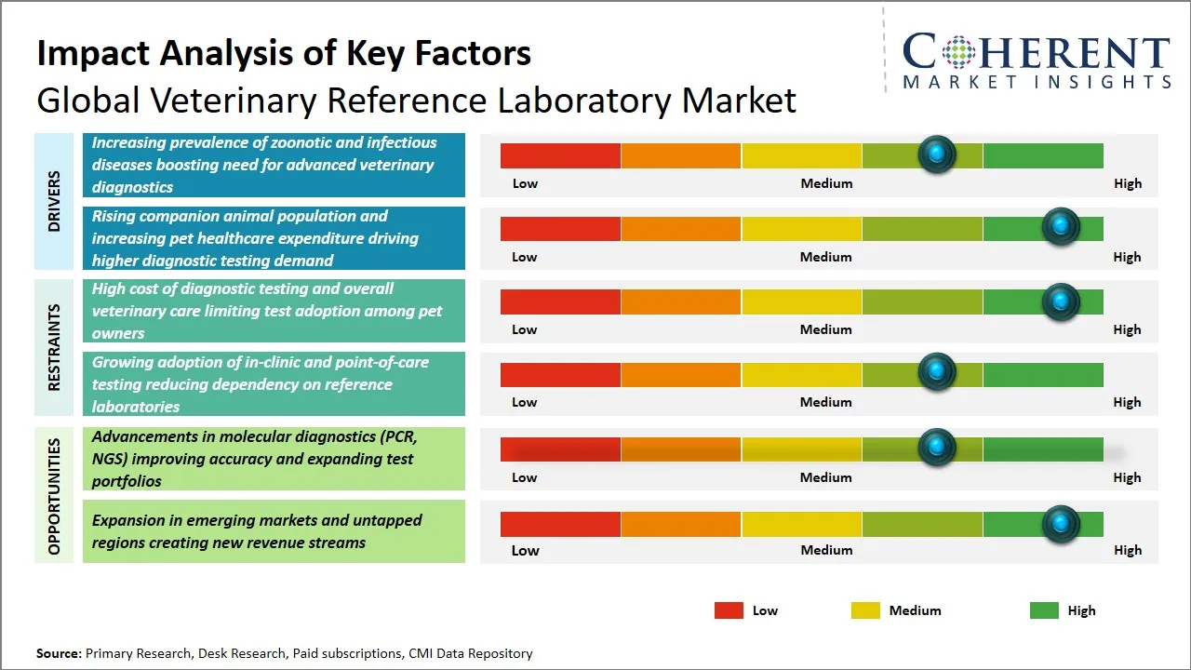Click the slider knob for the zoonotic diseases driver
tap(937, 154)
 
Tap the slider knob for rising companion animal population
tap(1060, 227)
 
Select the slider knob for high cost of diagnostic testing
tap(1060, 301)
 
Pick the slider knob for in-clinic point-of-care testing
tap(937, 372)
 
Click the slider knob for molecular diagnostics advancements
tap(937, 448)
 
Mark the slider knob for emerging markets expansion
tap(1060, 524)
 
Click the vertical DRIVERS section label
tap(54, 201)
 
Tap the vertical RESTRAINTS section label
tap(54, 347)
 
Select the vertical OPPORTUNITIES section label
tap(54, 496)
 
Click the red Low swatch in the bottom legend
tap(729, 610)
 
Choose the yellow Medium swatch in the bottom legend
tap(865, 610)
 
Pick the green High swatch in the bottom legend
tap(1044, 610)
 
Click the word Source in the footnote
tap(59, 653)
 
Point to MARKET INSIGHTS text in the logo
tap(1037, 82)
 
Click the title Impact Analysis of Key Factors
tap(284, 53)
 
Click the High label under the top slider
tap(1128, 183)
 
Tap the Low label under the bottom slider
tap(525, 550)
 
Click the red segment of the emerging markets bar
tap(560, 524)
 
